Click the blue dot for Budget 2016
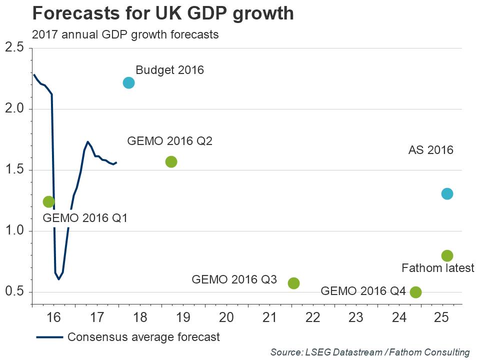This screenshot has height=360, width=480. (x=128, y=82)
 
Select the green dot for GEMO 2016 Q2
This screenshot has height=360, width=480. (x=171, y=161)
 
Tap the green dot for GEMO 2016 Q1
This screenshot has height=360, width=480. (x=48, y=201)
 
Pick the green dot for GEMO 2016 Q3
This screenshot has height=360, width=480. (x=293, y=283)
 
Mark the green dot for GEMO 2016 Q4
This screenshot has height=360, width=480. (x=415, y=292)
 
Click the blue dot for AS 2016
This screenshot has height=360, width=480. (x=447, y=193)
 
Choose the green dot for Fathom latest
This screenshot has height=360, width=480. (x=447, y=255)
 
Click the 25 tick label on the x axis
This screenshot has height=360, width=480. (x=441, y=317)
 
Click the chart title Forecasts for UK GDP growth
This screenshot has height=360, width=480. (x=162, y=13)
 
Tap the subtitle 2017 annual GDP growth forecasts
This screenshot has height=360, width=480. (x=125, y=34)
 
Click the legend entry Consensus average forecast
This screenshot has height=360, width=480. (x=143, y=337)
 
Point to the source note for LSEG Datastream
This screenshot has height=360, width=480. (x=370, y=352)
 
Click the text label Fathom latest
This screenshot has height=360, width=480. (x=437, y=268)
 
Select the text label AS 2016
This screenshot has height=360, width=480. (x=430, y=149)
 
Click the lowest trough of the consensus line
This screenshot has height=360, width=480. (x=59, y=279)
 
